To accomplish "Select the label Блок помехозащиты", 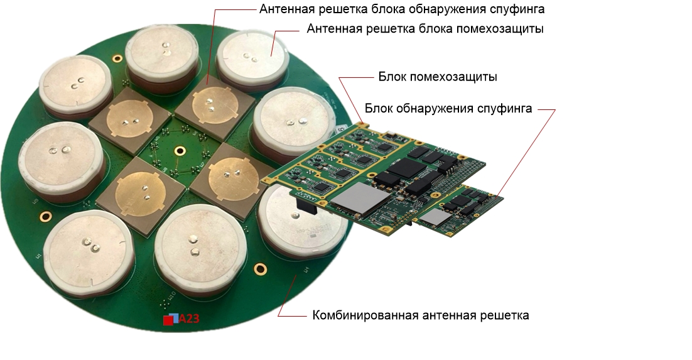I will [438, 77].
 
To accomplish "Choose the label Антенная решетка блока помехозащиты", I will [425, 29].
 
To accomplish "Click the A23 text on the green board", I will [189, 319].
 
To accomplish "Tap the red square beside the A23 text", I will [168, 320].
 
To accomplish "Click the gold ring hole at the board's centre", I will [180, 151].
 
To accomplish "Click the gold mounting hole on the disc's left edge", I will [45, 217].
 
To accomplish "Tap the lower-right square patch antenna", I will [227, 178].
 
